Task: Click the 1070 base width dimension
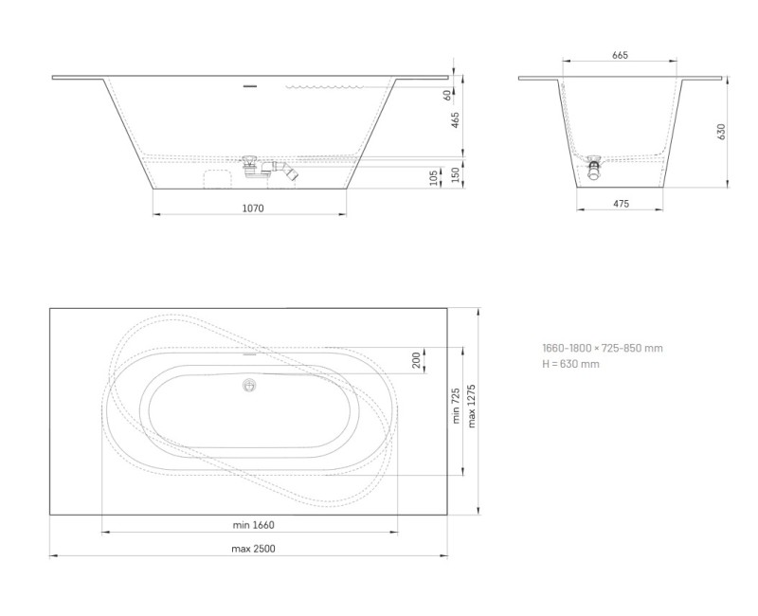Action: [x=251, y=207]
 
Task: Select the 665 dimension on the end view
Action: [x=620, y=56]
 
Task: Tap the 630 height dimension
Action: [x=721, y=132]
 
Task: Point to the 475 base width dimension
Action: [x=621, y=204]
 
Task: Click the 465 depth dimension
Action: [x=455, y=119]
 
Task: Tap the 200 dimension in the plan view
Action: [x=416, y=360]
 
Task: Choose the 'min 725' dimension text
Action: [x=456, y=406]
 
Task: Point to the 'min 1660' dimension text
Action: [x=253, y=524]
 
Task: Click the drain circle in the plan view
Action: [x=250, y=385]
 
